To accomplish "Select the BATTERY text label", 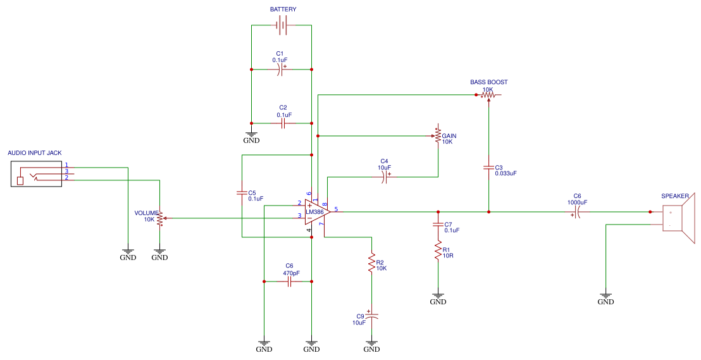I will coord(283,9).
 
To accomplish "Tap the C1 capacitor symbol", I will coord(282,70).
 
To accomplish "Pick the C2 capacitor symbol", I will coord(283,123).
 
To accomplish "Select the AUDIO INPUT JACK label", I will coord(34,153).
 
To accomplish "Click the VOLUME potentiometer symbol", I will coord(159,219).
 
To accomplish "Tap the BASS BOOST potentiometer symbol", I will coord(488,96).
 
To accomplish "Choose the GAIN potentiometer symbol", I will coord(438,135).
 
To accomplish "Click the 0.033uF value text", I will coord(506,173).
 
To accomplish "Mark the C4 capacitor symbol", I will coord(384,178).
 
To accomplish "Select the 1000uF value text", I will coord(576,202).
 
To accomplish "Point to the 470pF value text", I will coord(291,273).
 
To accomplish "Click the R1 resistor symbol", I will coord(437,252).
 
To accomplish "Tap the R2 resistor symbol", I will coord(371,264).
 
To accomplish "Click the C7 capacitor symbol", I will coord(437,225).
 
